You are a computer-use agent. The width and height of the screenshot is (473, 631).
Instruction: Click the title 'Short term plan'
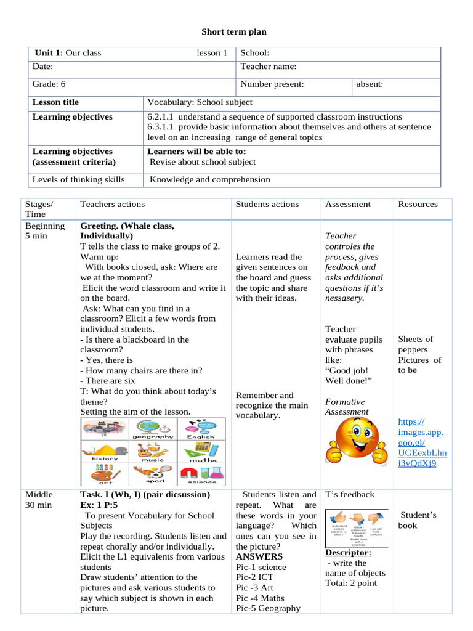point(235,31)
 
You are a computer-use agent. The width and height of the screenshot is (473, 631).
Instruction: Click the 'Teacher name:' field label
point(268,67)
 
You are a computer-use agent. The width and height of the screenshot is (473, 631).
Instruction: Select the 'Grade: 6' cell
point(49,84)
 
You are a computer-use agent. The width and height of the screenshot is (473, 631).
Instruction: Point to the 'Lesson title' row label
point(55,102)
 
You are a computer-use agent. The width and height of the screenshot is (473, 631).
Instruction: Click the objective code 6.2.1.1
point(161,116)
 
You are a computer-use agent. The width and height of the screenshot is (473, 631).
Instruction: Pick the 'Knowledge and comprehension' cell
point(210,179)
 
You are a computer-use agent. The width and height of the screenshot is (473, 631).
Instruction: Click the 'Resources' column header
point(418,204)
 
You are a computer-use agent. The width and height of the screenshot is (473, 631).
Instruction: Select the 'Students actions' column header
point(267,204)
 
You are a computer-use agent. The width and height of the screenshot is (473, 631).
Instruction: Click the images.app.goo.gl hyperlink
point(422,442)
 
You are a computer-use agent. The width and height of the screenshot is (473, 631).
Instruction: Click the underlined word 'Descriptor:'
point(348,552)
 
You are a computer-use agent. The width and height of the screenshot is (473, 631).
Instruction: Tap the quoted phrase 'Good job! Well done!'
point(346,376)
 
